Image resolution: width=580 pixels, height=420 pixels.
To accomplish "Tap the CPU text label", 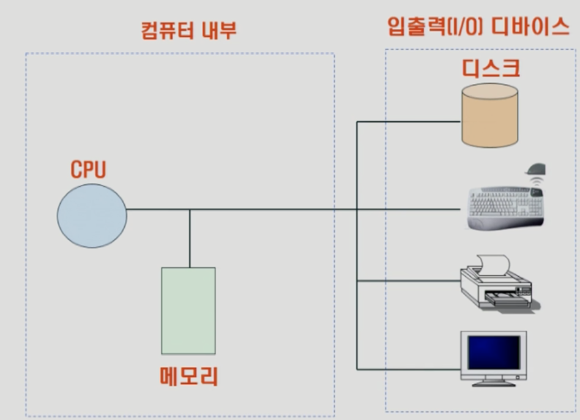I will coord(88,170).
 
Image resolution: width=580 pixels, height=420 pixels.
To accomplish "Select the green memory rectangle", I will coord(188,310).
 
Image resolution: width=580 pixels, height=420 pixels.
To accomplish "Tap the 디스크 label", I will coord(491,68).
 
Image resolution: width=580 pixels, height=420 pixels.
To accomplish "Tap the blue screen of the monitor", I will coord(493,351).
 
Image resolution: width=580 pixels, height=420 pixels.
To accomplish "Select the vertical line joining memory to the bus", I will coord(190,239).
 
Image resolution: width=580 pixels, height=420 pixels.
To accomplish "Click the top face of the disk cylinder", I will coord(490,93).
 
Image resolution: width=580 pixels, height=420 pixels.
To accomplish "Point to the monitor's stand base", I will coord(493,383).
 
